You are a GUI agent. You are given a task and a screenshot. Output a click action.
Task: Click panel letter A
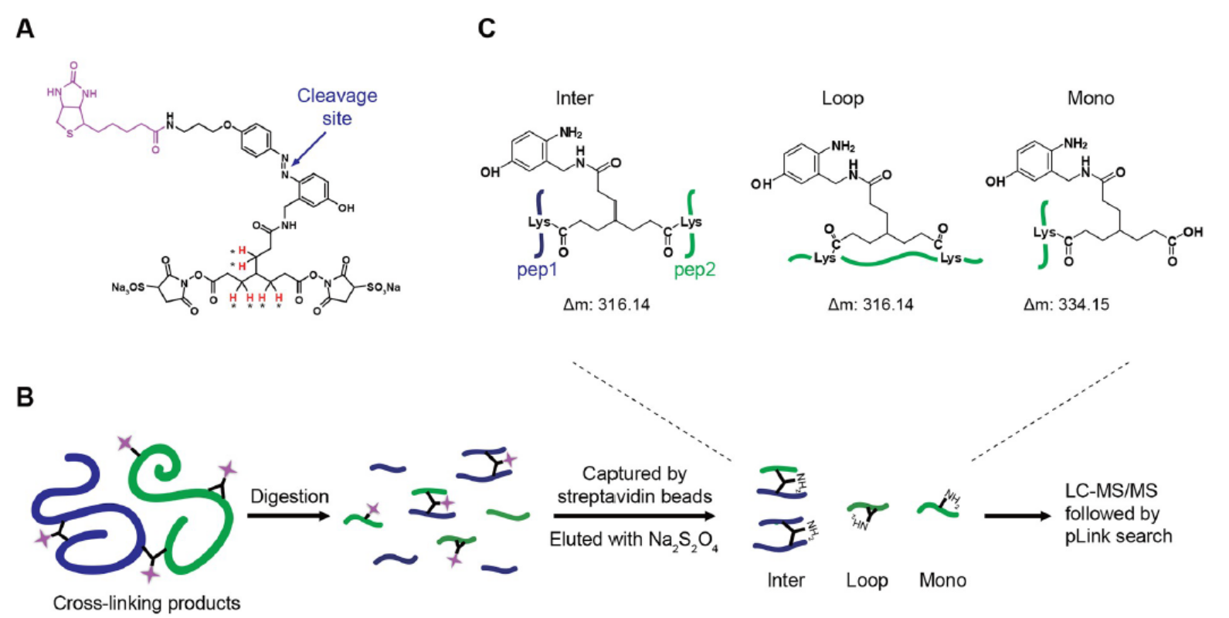tap(25, 29)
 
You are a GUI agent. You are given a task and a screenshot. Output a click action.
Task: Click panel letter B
tap(25, 396)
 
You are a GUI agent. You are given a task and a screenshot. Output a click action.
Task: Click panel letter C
tap(487, 29)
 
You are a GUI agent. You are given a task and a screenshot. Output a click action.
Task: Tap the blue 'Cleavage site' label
tap(337, 107)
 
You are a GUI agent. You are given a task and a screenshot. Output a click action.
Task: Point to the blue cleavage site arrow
tap(309, 148)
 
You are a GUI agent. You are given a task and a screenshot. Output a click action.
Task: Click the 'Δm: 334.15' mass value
tap(1066, 304)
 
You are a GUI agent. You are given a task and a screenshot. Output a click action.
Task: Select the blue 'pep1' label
tap(537, 270)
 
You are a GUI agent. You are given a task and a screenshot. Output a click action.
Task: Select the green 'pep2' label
tap(694, 270)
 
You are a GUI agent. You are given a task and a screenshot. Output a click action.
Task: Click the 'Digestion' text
tap(290, 497)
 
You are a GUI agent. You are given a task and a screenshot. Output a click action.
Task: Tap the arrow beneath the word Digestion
tap(289, 516)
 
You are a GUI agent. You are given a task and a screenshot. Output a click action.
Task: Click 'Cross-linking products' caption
tap(147, 603)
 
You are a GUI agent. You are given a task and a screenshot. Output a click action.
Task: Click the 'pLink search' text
tap(1119, 536)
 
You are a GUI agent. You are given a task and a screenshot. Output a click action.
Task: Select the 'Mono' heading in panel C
tap(1091, 98)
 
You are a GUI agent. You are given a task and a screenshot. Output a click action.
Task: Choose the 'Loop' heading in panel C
tap(843, 99)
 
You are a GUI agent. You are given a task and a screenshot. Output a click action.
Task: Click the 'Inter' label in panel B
tap(786, 580)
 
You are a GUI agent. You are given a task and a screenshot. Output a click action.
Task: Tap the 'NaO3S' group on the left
tap(128, 287)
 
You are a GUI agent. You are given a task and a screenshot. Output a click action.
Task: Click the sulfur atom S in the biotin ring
tap(70, 134)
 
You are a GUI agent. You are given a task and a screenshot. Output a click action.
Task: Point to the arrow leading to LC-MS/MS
tap(1018, 516)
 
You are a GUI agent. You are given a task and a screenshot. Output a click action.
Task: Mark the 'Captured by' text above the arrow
tap(634, 474)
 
